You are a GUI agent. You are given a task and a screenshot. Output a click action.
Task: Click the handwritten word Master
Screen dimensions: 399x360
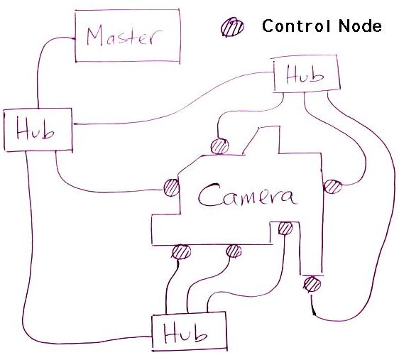pos(124,36)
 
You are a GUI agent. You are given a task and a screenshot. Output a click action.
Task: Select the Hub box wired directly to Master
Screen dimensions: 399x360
pos(38,130)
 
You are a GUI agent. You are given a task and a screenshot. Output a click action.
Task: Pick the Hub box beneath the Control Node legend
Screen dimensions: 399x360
pos(307,74)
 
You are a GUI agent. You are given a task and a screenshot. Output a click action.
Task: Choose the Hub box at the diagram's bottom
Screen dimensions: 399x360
pos(189,332)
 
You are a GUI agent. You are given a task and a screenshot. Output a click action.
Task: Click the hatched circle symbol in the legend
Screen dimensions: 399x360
pos(232,27)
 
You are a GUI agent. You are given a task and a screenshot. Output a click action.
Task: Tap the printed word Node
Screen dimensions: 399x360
pos(360,26)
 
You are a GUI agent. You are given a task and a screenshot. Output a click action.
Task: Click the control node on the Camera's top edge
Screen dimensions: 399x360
pos(219,146)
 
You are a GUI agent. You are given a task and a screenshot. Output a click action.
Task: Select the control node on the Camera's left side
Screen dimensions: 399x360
pos(171,187)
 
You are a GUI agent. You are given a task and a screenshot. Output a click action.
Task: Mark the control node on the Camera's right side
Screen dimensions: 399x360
pos(332,187)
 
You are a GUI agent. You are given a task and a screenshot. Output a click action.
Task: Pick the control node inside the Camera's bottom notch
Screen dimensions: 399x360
pos(285,228)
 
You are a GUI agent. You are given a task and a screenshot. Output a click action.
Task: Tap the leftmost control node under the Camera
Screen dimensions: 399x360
pos(181,252)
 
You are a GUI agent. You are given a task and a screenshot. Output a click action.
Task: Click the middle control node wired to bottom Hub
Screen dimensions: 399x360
pos(234,251)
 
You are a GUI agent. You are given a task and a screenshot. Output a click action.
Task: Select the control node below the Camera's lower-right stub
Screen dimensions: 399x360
pos(312,284)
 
